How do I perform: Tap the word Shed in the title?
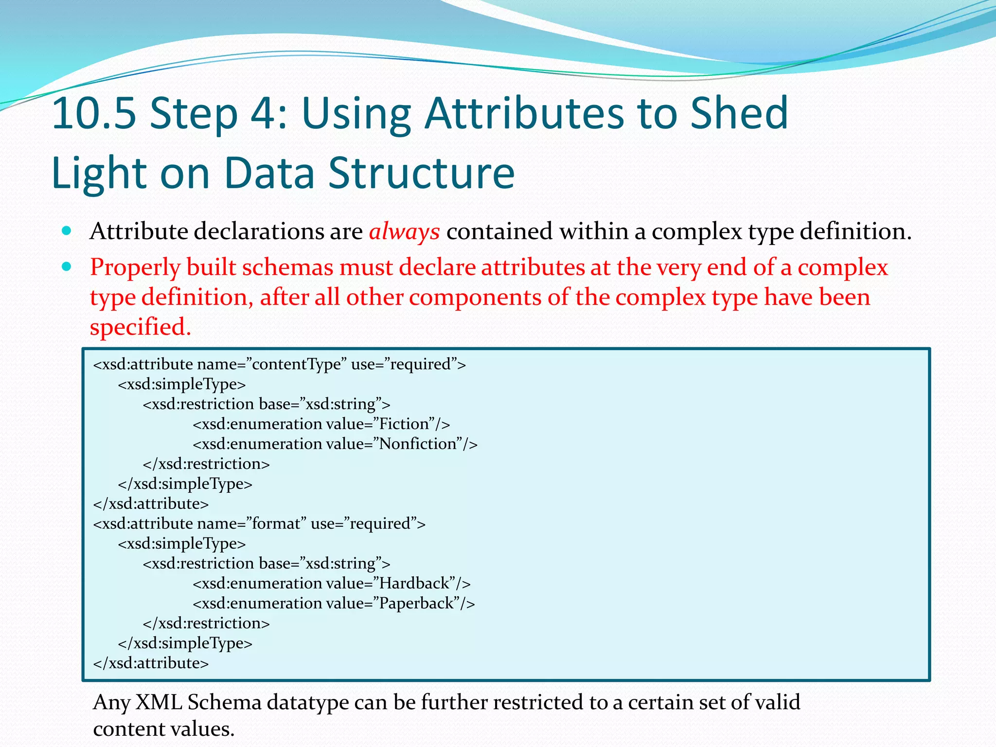coord(739,114)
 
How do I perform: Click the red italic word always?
coord(404,231)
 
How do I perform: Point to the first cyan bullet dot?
coord(67,231)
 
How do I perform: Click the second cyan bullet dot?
coord(67,267)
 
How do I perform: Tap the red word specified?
coord(141,327)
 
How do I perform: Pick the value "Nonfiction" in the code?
coord(418,444)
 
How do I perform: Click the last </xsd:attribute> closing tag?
coord(151,663)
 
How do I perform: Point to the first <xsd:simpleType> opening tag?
coord(182,384)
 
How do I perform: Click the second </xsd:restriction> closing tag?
coord(206,623)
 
